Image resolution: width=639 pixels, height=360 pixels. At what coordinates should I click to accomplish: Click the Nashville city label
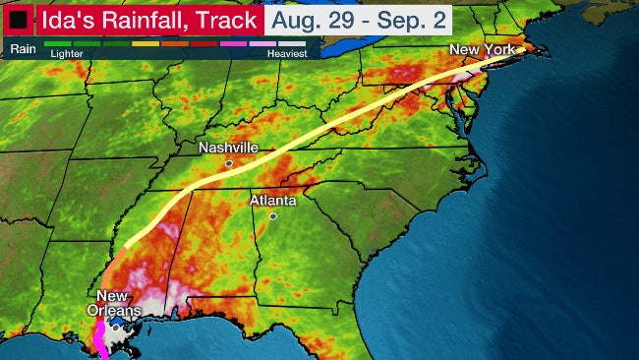pos(228,148)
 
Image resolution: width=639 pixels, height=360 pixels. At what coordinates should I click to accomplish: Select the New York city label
pos(482,49)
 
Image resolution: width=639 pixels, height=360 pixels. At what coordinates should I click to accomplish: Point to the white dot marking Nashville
pos(228,163)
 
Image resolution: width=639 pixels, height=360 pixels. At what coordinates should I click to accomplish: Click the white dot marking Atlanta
pos(273,216)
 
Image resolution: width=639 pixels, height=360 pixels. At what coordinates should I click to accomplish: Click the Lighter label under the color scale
pos(65,54)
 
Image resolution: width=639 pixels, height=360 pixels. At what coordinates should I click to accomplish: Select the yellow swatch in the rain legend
pos(145,44)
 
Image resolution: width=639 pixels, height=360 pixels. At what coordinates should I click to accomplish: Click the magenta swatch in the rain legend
pos(232,44)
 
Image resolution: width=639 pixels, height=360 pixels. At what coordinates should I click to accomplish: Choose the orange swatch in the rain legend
pos(175,44)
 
